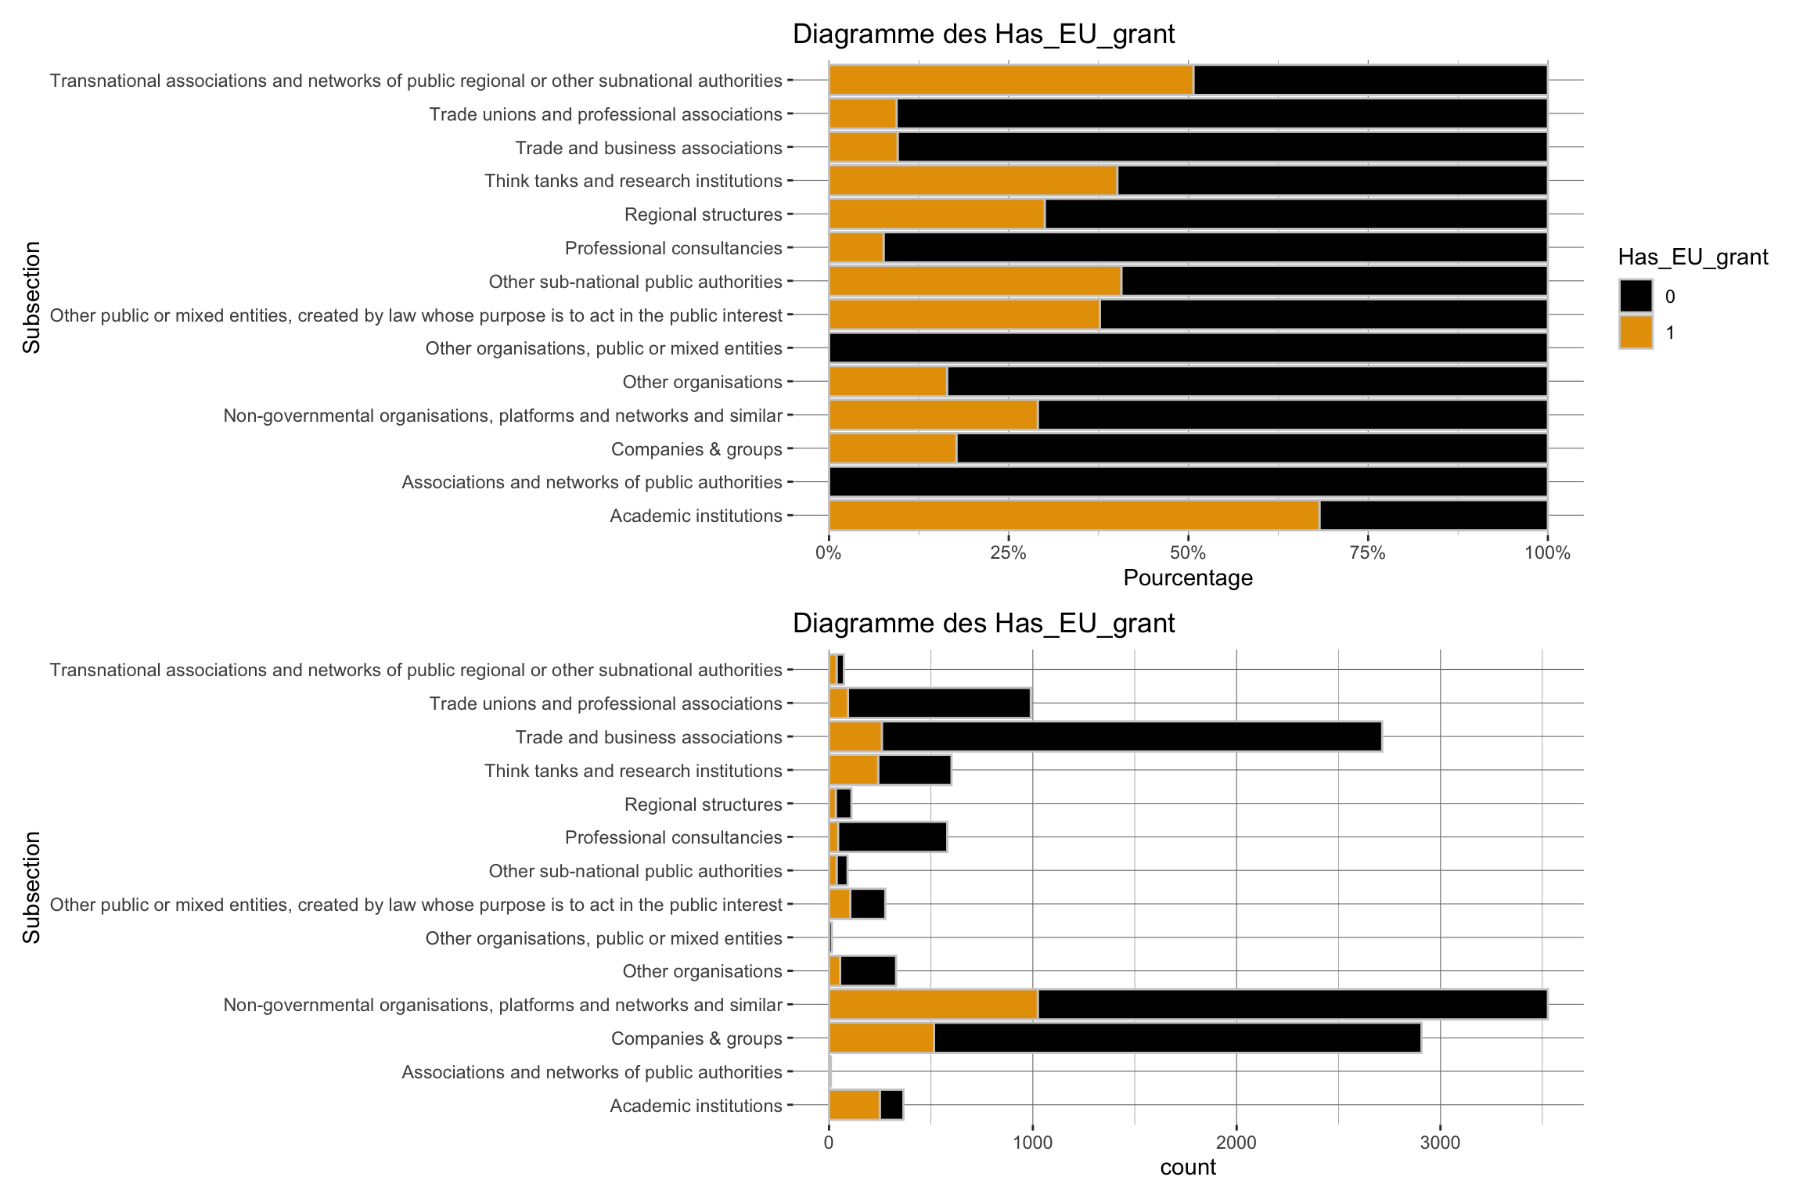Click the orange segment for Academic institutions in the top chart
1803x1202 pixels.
point(1074,516)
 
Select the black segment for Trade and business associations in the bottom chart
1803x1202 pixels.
point(1131,737)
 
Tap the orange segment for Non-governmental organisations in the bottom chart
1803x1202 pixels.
point(933,1005)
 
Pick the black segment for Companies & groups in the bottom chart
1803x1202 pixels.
point(1177,1038)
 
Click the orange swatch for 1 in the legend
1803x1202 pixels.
point(1636,332)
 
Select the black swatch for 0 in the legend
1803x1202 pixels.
point(1636,296)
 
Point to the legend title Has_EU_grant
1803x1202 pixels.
point(1693,257)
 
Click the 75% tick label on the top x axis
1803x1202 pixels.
point(1368,553)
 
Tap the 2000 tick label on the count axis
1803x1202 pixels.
point(1236,1143)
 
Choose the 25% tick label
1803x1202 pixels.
point(1008,553)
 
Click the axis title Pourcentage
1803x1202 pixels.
point(1188,578)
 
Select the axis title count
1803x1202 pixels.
point(1188,1168)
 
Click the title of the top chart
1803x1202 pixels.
point(984,34)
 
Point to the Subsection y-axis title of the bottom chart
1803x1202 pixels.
point(31,887)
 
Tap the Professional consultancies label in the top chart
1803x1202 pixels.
point(673,248)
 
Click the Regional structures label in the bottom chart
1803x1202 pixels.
point(703,804)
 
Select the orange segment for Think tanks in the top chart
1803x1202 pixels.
point(973,181)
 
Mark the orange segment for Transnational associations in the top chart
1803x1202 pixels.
point(1011,81)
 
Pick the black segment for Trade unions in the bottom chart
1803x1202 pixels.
point(939,704)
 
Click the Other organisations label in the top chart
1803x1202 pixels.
point(702,382)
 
